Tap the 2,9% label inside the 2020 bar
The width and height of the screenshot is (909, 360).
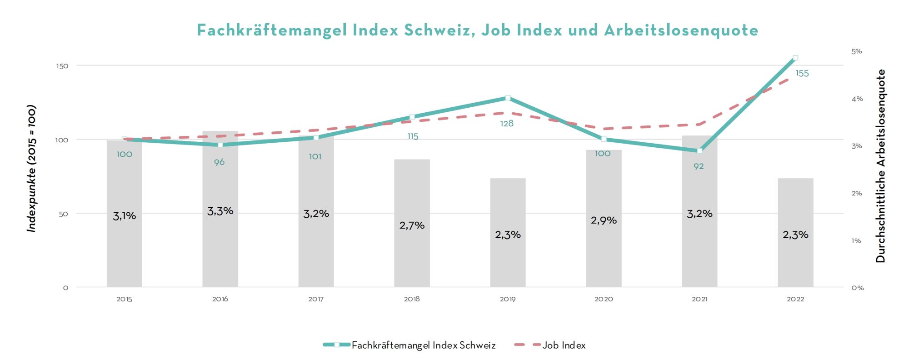(x=604, y=220)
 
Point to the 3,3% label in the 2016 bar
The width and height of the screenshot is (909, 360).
(x=220, y=211)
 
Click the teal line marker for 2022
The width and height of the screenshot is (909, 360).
(x=795, y=58)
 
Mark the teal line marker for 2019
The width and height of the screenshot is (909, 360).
(x=508, y=98)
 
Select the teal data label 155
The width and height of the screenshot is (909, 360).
(x=802, y=74)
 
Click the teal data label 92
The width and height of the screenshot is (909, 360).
(x=699, y=166)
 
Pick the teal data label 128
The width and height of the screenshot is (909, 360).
(x=507, y=124)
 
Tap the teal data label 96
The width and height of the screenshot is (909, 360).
(x=220, y=162)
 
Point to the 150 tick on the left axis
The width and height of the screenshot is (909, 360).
(x=62, y=66)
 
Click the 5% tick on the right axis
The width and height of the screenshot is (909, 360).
(x=857, y=51)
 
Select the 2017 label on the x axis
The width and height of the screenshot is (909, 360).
(x=316, y=299)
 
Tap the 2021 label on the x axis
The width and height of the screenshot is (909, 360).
(x=699, y=299)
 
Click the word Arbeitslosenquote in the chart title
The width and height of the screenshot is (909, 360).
(x=681, y=30)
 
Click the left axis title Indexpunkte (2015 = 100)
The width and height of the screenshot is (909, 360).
(x=31, y=169)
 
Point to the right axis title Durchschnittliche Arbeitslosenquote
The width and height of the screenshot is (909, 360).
(x=881, y=166)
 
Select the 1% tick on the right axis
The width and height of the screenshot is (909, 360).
(x=856, y=241)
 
